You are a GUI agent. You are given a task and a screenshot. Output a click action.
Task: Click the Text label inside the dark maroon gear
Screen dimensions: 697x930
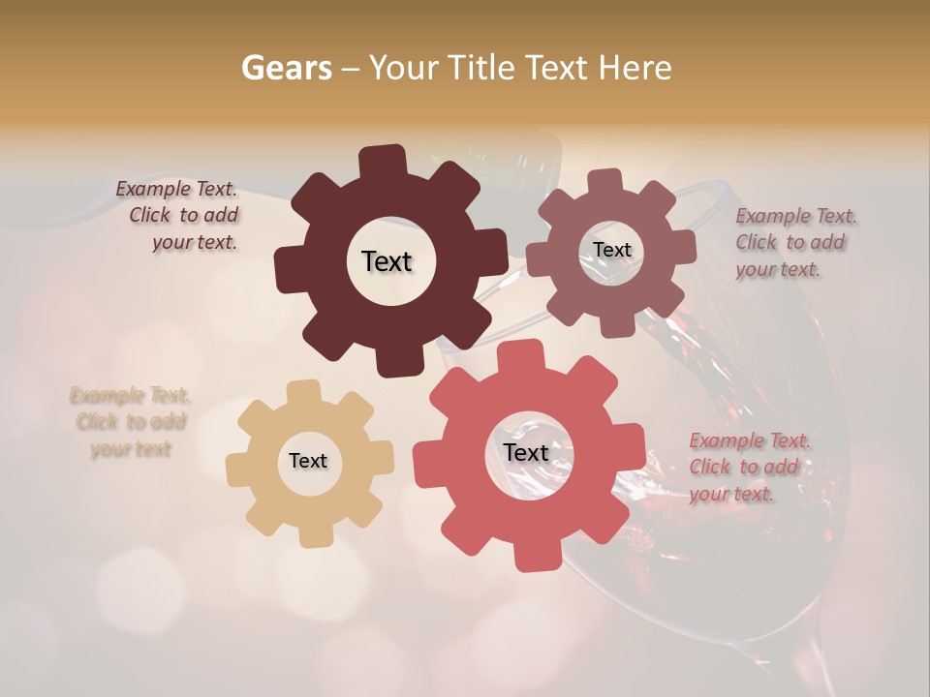click(x=387, y=261)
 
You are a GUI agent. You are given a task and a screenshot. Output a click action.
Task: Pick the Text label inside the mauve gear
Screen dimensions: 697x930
click(x=611, y=250)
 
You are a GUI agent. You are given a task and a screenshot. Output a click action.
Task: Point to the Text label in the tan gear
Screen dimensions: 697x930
click(x=308, y=461)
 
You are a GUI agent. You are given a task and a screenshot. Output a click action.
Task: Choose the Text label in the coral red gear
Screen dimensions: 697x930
click(x=526, y=452)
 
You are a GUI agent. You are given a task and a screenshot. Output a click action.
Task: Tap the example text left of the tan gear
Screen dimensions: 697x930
click(x=130, y=422)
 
